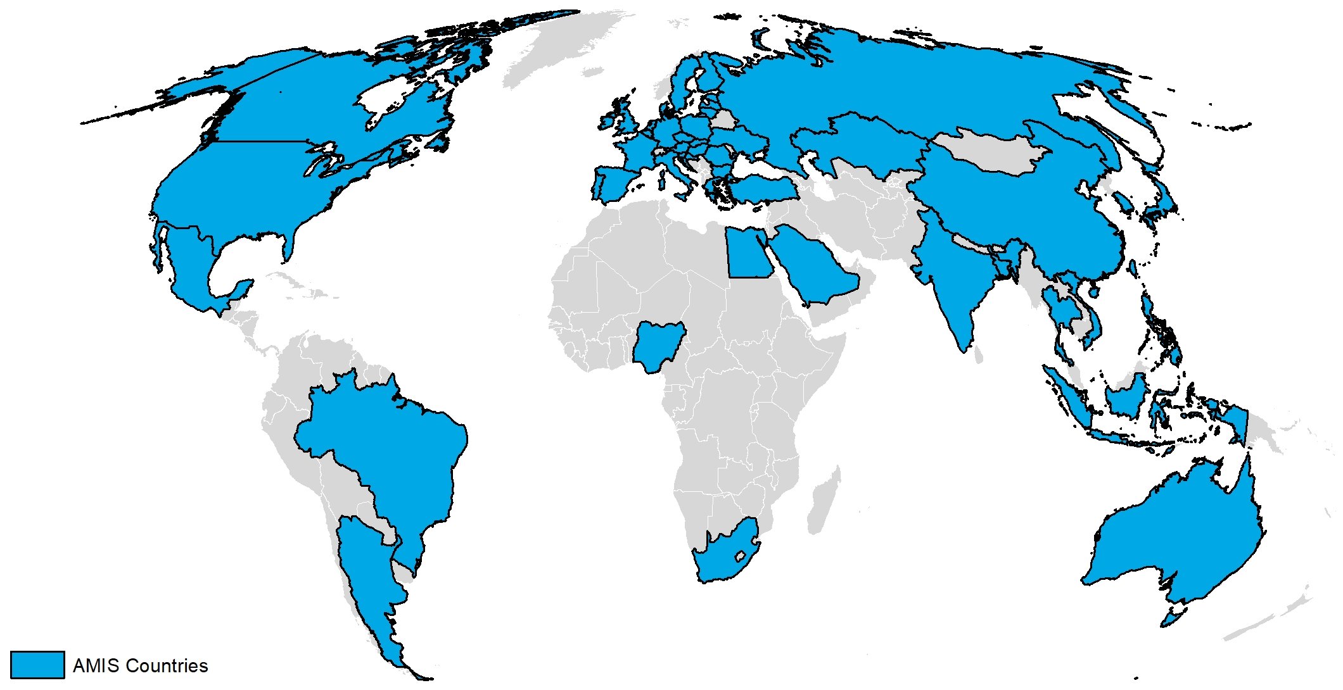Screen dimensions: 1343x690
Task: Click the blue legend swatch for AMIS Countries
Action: [x=37, y=665]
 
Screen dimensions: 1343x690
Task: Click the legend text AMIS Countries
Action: [x=140, y=666]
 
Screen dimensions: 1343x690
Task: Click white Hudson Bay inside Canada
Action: [x=380, y=98]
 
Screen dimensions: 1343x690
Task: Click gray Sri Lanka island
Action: [x=978, y=357]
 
